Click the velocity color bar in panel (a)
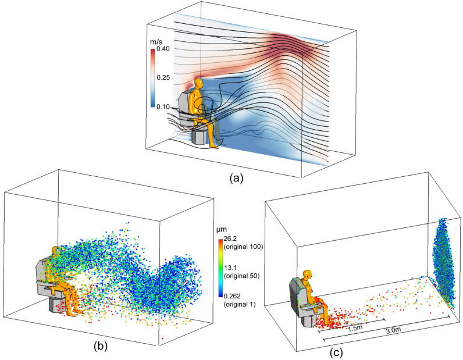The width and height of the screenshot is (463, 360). pyautogui.click(x=152, y=78)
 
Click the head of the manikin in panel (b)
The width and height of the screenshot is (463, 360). pyautogui.click(x=57, y=252)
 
